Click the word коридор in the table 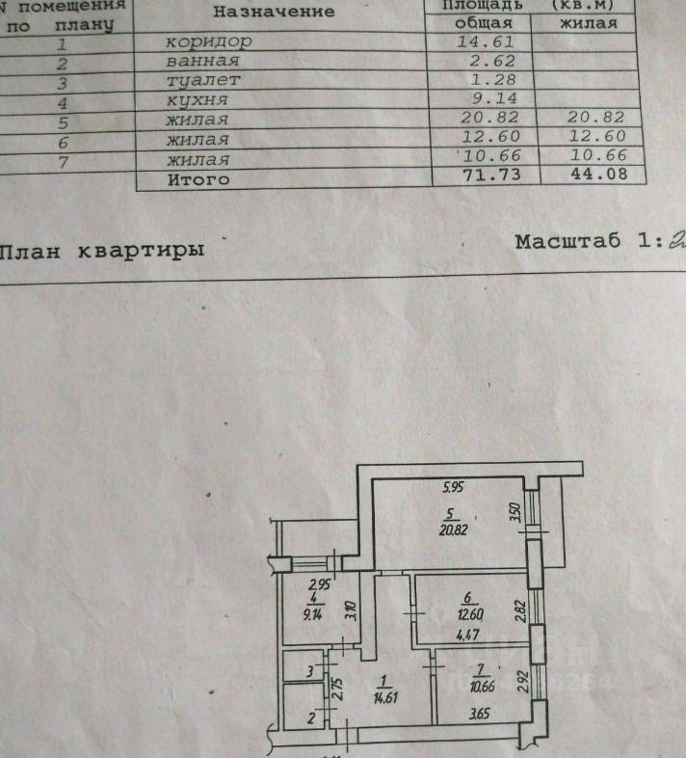(x=209, y=41)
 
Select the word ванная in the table (x=203, y=61)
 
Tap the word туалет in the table (x=202, y=80)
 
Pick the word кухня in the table (x=198, y=100)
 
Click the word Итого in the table (x=198, y=178)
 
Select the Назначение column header (x=274, y=12)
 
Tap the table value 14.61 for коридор (x=490, y=41)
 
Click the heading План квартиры (x=101, y=250)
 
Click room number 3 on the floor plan (x=310, y=669)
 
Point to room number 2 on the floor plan (x=310, y=717)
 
